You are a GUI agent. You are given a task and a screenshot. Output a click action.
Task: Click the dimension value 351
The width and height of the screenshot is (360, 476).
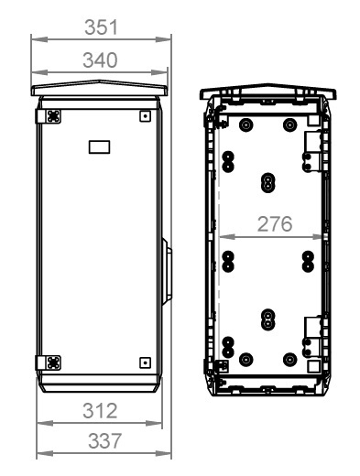[101, 27]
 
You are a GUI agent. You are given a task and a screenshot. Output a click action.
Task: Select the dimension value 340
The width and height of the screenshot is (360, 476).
[100, 60]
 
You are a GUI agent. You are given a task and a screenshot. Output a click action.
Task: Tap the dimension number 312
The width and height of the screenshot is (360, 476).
[100, 411]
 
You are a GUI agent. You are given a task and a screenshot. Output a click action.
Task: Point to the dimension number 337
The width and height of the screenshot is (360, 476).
[104, 440]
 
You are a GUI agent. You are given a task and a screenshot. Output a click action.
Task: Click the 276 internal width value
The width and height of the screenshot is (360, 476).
[275, 224]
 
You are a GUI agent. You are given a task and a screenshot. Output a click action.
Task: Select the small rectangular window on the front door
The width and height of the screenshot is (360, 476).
[99, 146]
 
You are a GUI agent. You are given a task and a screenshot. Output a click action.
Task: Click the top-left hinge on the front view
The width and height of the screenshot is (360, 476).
[49, 116]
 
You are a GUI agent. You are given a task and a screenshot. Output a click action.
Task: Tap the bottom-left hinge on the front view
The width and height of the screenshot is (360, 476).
[49, 362]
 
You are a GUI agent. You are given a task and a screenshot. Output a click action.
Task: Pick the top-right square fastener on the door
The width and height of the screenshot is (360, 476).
[145, 116]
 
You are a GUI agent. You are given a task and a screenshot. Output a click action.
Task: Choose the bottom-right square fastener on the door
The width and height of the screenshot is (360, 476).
[145, 362]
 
